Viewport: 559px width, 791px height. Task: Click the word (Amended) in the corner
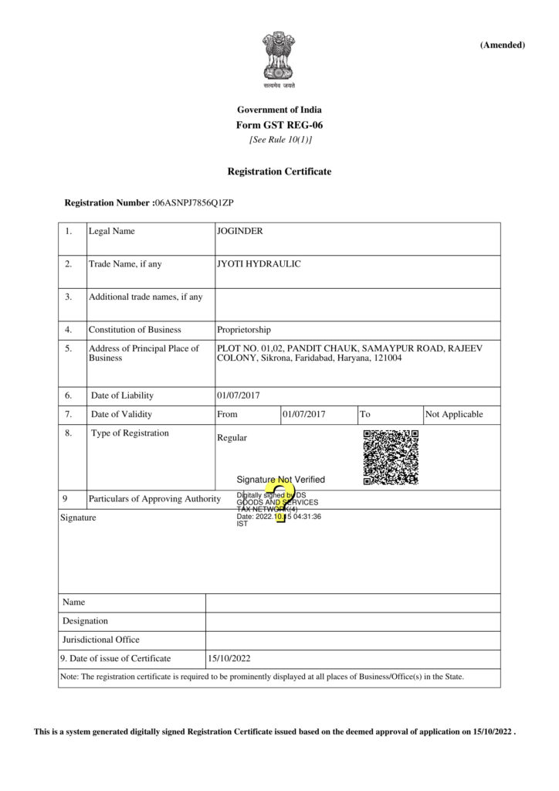pos(502,45)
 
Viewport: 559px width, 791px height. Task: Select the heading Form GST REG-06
pos(279,125)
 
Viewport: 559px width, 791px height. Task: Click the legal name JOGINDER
pos(241,231)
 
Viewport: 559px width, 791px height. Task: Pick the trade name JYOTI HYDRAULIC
pos(259,264)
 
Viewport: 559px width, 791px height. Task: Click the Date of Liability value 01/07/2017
pos(239,395)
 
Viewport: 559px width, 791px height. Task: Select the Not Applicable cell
pos(454,414)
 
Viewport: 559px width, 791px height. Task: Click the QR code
pos(391,457)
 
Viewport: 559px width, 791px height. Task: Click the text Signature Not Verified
pos(281,480)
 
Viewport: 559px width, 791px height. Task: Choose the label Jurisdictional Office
pos(101,640)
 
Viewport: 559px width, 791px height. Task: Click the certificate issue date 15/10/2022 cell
pos(229,659)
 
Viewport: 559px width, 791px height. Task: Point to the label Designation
pos(86,620)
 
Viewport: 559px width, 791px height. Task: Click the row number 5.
pos(68,348)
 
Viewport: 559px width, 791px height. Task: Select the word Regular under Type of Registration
pos(232,438)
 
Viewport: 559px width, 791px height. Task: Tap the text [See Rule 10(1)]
pos(280,140)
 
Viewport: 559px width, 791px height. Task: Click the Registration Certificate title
pos(279,171)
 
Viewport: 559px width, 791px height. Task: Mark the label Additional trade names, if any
pos(146,297)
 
